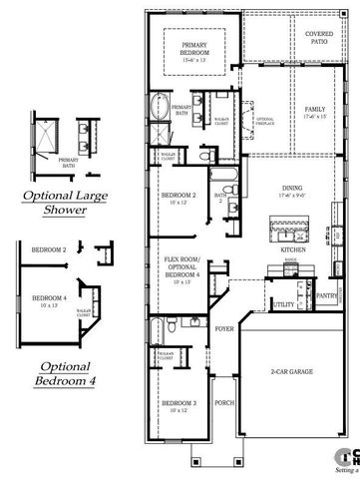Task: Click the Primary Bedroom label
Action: pos(193,48)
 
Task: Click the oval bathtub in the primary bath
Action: pos(161,106)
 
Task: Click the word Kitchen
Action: pos(292,247)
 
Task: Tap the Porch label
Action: pos(224,403)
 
